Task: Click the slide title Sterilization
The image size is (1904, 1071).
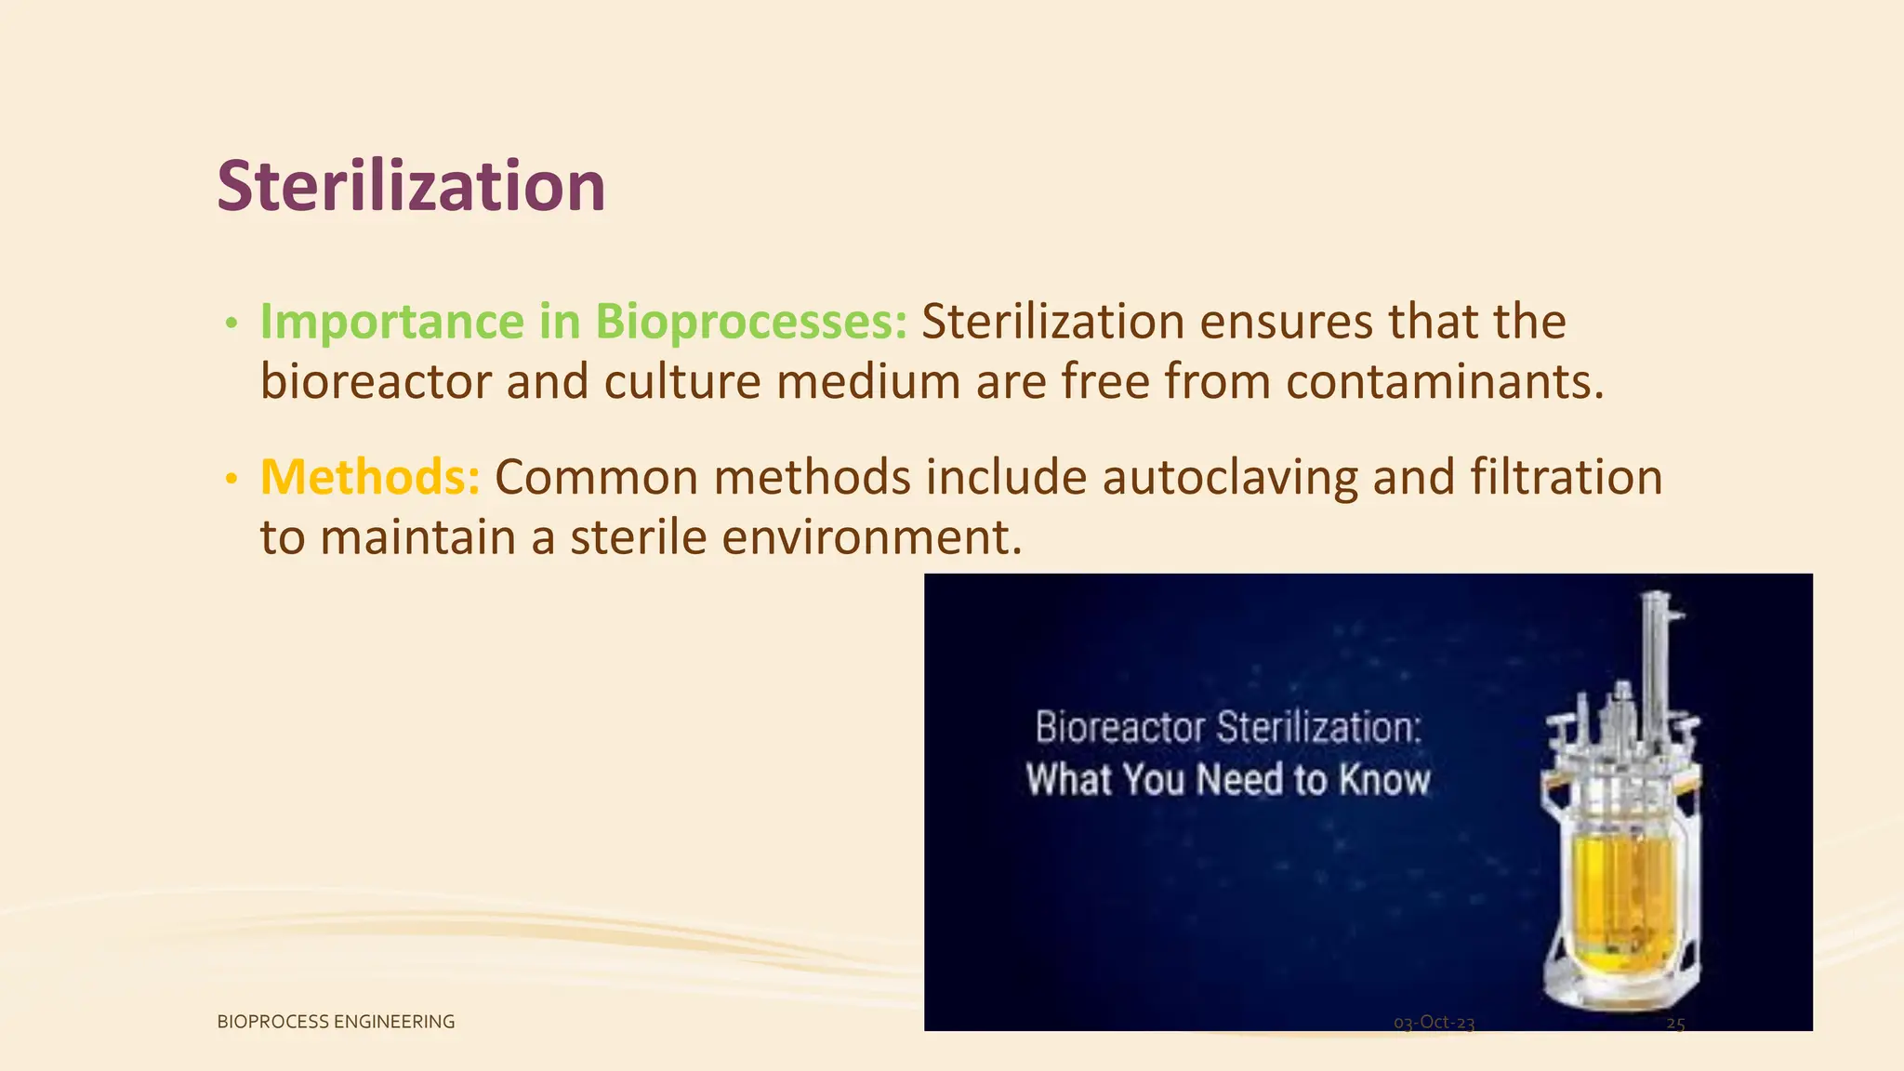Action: click(411, 186)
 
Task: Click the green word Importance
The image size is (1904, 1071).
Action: click(391, 322)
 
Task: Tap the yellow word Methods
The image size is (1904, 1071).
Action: click(369, 477)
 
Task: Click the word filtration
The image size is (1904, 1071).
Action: click(1566, 477)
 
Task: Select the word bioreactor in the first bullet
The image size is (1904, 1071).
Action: click(376, 382)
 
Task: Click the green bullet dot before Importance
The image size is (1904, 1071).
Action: click(231, 324)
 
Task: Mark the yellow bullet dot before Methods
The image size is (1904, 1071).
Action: click(231, 479)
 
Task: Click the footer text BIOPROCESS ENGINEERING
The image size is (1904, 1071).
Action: click(336, 1022)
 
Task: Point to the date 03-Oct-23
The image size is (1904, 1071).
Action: click(1434, 1023)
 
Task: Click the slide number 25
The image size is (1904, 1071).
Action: click(1675, 1024)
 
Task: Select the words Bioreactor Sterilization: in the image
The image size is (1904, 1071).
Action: click(1228, 727)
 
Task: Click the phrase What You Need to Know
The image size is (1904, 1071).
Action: click(1227, 779)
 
